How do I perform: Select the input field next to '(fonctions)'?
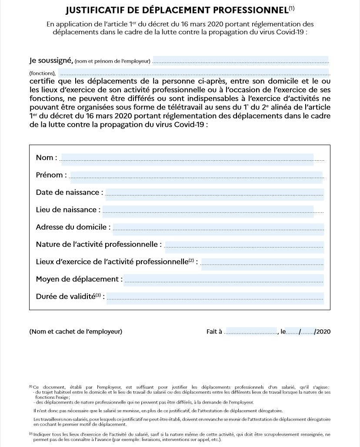(193, 73)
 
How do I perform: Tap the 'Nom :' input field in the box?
(187, 158)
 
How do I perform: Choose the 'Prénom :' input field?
(196, 175)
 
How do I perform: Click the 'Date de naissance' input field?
(215, 193)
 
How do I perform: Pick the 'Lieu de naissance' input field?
(208, 210)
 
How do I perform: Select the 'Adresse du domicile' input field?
(218, 227)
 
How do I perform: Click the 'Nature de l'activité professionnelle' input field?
(244, 245)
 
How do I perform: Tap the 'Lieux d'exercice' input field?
(262, 262)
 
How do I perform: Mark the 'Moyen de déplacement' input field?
(223, 280)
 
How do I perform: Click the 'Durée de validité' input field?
(215, 297)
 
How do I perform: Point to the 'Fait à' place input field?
(251, 331)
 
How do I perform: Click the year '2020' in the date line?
(323, 332)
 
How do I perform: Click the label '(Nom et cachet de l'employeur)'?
(76, 332)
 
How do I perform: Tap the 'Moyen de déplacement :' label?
(79, 279)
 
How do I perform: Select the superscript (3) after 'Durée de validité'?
(98, 295)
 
